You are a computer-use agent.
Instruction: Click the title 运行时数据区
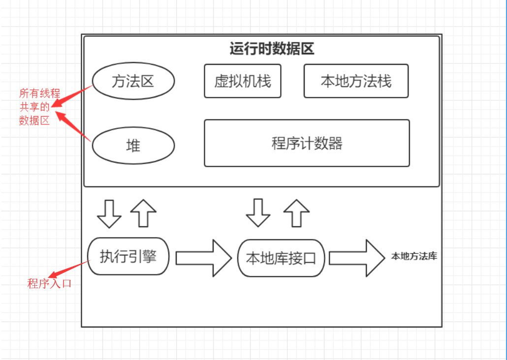[x=272, y=49]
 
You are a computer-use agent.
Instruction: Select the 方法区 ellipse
[x=133, y=81]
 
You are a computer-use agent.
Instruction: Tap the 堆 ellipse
[x=133, y=146]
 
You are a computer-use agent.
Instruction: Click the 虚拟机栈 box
[x=243, y=81]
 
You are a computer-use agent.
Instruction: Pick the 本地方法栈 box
[x=356, y=81]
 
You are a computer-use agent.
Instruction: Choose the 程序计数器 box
[x=307, y=143]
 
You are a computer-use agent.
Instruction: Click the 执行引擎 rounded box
[x=128, y=256]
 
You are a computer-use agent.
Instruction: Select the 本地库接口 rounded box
[x=281, y=258]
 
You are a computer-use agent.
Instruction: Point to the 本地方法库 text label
[x=414, y=256]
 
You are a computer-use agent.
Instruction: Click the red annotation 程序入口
[x=49, y=283]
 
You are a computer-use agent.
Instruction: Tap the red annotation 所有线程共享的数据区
[x=34, y=107]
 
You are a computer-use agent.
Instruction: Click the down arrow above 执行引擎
[x=109, y=213]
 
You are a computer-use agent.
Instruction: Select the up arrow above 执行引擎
[x=143, y=213]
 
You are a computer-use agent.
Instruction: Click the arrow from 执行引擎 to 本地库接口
[x=203, y=258]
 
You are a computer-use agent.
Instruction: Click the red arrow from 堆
[x=73, y=127]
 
